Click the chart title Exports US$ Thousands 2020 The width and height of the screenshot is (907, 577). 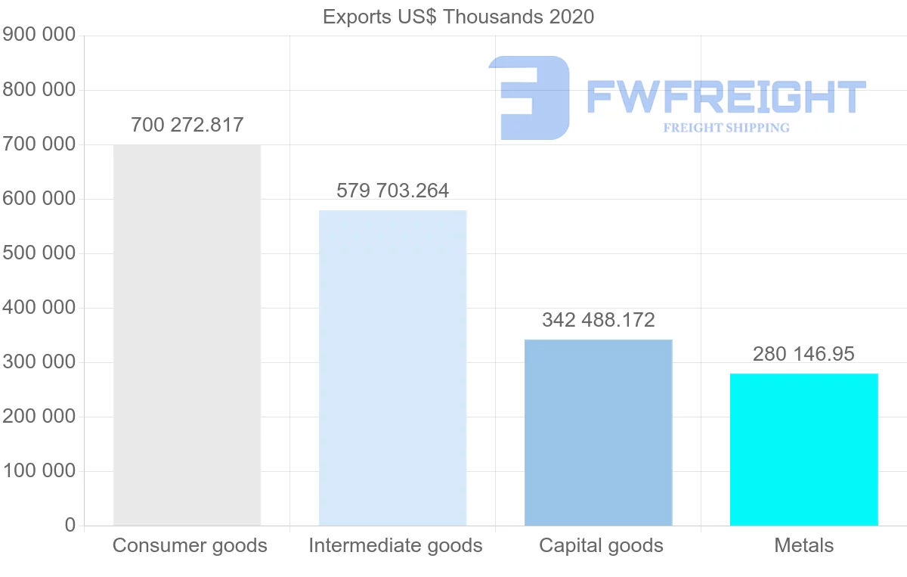point(458,17)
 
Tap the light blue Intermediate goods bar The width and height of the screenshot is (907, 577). point(392,368)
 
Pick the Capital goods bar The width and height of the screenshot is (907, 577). point(598,433)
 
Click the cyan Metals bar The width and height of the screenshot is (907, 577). point(803,449)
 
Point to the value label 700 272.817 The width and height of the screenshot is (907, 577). point(187,125)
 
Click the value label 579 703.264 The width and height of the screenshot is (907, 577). point(392,191)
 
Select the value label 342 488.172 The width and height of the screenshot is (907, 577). point(598,320)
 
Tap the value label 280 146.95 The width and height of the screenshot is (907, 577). point(803,354)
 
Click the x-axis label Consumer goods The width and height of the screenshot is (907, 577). point(190,545)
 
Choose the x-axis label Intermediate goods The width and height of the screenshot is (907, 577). point(395,545)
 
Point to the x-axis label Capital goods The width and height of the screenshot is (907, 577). point(601,545)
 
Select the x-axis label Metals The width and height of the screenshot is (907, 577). point(803,545)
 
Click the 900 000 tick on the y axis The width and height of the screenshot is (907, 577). point(39,35)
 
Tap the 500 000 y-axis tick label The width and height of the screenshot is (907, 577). point(39,253)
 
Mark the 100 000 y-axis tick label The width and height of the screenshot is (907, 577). point(39,471)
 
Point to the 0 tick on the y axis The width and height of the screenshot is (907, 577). point(70,526)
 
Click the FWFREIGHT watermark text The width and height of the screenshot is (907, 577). point(726,97)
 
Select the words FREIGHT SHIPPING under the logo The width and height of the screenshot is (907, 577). point(726,128)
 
